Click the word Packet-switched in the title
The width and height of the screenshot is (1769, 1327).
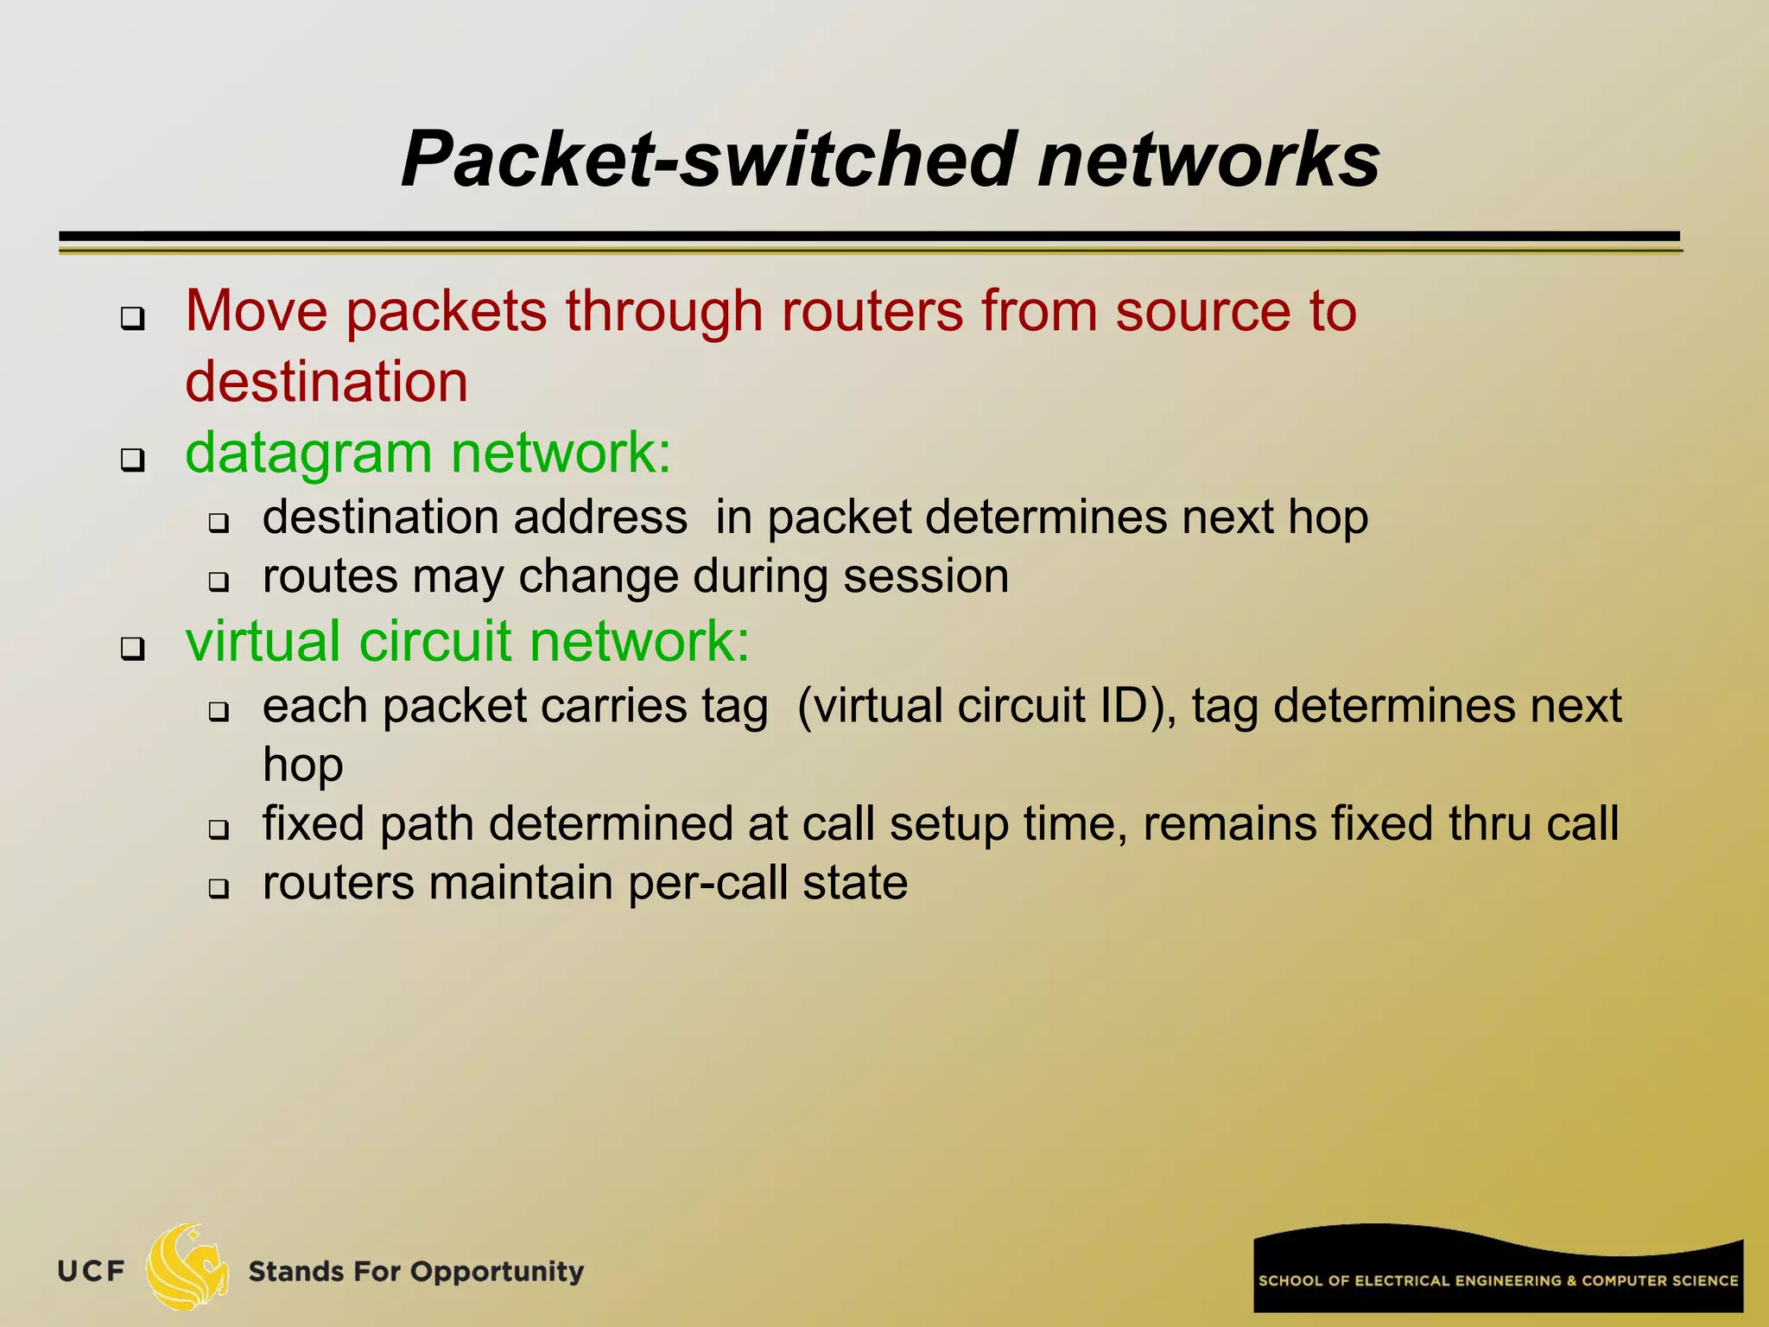click(x=708, y=160)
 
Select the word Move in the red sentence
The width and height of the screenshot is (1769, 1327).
click(x=257, y=311)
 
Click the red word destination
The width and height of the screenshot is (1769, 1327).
click(x=327, y=382)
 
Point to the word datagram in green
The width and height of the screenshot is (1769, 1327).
click(x=308, y=454)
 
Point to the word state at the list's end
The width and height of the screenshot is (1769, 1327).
click(x=855, y=884)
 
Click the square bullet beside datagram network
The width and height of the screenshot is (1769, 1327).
click(x=132, y=460)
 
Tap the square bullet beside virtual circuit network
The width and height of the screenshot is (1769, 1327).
click(x=132, y=648)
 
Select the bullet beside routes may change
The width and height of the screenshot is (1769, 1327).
click(x=219, y=582)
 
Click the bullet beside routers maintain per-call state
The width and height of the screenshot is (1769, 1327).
click(x=219, y=889)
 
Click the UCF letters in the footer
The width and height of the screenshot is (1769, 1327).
click(x=92, y=1271)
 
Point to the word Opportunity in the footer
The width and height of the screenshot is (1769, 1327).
click(x=497, y=1272)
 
